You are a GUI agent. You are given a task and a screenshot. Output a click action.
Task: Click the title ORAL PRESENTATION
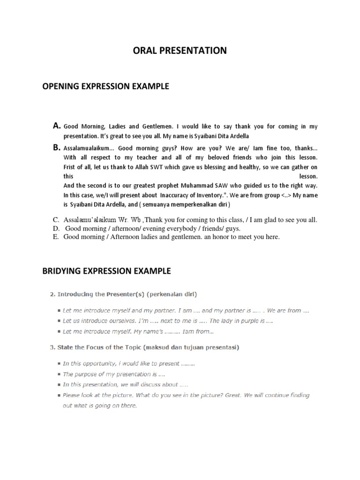(x=180, y=51)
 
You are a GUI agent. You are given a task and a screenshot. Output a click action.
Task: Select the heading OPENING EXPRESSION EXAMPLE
(x=105, y=87)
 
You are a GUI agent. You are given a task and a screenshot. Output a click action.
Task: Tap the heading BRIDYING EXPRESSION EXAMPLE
(x=107, y=271)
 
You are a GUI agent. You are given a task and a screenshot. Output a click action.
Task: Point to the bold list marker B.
(x=57, y=147)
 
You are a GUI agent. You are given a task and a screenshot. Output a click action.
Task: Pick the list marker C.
(x=56, y=219)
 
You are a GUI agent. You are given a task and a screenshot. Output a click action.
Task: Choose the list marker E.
(x=56, y=237)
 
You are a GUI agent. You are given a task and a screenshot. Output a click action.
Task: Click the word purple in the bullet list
(x=251, y=321)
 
